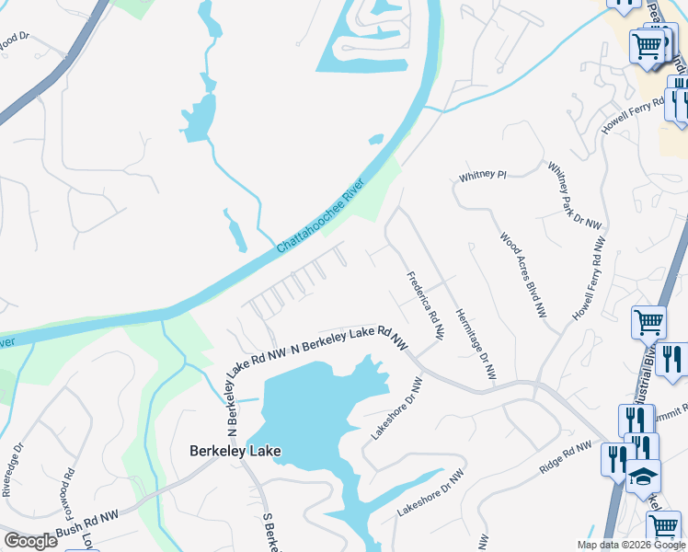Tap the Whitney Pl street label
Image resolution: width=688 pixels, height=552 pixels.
coord(482,175)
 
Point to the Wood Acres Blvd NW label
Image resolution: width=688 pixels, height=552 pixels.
coord(523,275)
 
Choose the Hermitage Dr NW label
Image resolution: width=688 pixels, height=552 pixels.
coord(476,343)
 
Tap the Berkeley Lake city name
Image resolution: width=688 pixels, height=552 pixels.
coord(235,451)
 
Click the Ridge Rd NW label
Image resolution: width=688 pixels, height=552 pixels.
coord(565,458)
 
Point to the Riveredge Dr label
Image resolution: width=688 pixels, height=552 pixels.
coord(13,471)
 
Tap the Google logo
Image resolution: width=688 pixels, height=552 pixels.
coord(30,541)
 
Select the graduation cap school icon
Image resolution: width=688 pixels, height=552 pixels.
coord(644,477)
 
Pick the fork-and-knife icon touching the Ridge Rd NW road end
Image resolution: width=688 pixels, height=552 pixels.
coord(614,457)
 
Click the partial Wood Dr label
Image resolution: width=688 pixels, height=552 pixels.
coord(15,41)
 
